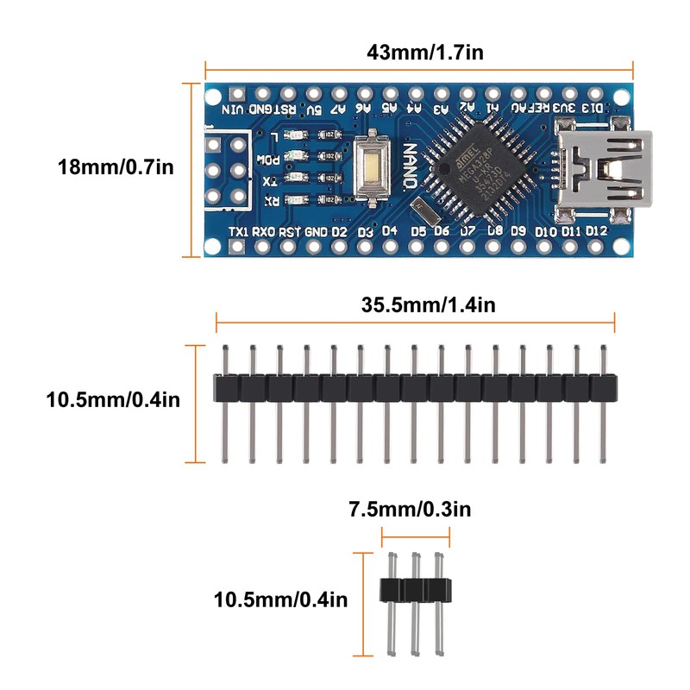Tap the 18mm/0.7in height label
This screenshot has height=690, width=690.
(x=114, y=166)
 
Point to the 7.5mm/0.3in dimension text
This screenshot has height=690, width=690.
(x=410, y=510)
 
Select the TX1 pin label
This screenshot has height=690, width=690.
(x=239, y=231)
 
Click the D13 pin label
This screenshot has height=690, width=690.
(x=594, y=108)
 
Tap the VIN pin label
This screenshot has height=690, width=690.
(x=233, y=110)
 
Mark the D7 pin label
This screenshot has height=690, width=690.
(x=467, y=230)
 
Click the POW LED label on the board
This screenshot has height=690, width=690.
(x=271, y=160)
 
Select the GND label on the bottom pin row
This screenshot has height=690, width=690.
(x=316, y=231)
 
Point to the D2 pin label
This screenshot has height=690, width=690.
(x=339, y=231)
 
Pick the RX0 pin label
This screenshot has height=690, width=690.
(x=264, y=231)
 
